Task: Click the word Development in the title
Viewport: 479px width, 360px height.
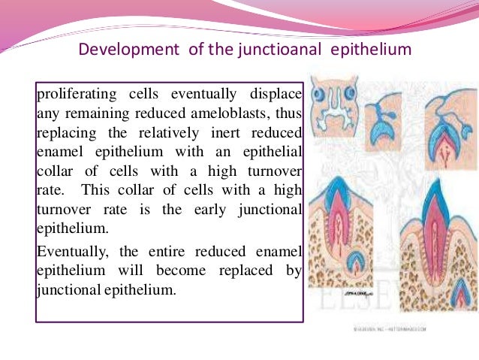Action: (x=125, y=50)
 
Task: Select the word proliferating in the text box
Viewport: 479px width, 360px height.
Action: (x=72, y=95)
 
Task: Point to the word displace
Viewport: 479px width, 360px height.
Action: (x=276, y=95)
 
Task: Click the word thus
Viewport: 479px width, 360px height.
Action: (x=287, y=116)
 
